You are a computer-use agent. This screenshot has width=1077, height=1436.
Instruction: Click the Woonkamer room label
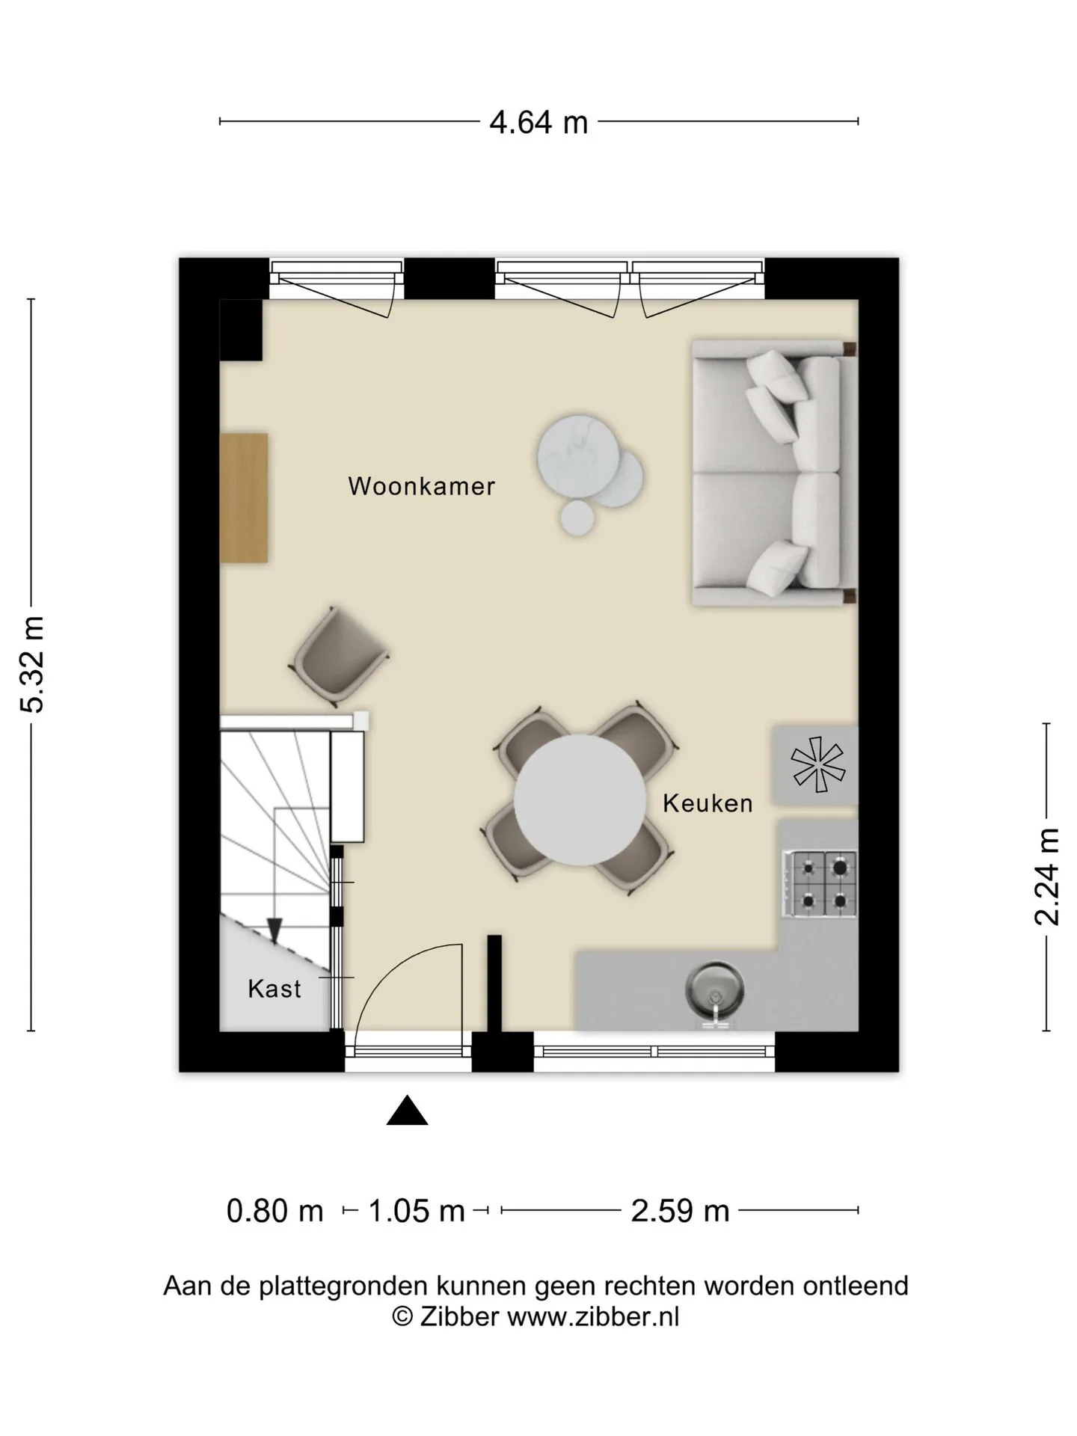[421, 486]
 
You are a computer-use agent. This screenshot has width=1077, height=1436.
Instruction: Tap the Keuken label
[708, 803]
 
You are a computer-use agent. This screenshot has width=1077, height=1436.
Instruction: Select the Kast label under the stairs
[274, 989]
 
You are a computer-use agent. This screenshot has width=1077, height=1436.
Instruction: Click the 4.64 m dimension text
[538, 122]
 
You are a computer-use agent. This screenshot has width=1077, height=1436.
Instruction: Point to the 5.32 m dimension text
[34, 664]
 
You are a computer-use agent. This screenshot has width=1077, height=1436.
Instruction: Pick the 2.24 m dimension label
[1047, 877]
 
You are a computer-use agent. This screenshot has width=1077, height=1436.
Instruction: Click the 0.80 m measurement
[274, 1211]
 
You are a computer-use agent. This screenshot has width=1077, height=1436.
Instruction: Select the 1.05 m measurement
[417, 1211]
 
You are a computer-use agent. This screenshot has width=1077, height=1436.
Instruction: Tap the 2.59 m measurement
[680, 1211]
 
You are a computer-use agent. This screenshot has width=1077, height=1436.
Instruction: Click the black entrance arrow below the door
[407, 1111]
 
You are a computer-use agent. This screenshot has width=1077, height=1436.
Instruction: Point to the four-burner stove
[820, 884]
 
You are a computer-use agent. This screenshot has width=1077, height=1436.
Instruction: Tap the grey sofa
[774, 473]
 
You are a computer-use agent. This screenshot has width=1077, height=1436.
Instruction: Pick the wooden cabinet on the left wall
[244, 497]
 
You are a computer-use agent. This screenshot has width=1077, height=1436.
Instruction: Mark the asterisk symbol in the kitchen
[817, 764]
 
